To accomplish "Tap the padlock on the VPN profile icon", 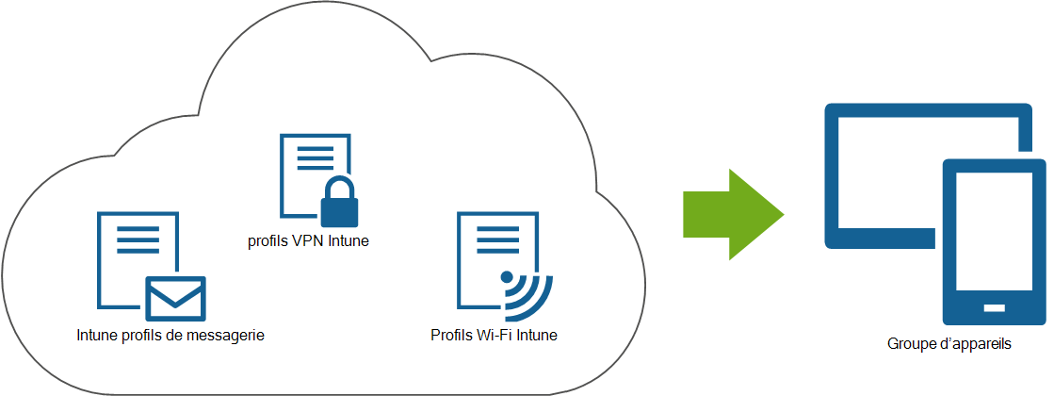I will point(336,201).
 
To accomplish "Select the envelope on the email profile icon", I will point(175,299).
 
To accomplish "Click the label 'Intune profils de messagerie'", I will point(170,335).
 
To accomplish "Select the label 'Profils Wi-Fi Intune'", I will point(494,335).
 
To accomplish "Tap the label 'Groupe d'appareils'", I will point(949,344).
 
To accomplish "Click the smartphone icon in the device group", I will point(994,242).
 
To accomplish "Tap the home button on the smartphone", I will point(994,307).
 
